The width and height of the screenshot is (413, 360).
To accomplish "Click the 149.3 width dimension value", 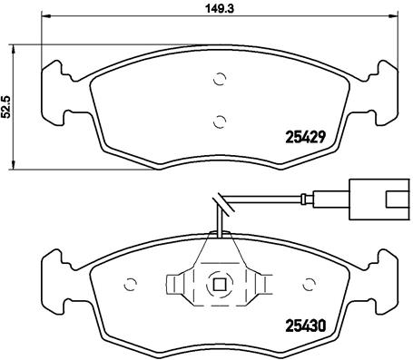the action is pos(220,8).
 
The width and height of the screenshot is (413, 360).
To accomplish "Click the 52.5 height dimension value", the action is pos(6,106).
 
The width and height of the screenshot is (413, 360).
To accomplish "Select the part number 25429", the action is pos(306,138).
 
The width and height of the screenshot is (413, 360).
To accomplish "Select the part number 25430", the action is pos(306,326).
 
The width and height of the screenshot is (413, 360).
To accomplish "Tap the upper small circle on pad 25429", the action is pos(220,79).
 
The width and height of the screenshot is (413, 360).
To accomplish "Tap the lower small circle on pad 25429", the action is pos(220,122).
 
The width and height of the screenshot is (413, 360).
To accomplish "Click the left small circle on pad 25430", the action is pos(131,284).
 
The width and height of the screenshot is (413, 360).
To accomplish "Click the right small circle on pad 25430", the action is pos(309,284).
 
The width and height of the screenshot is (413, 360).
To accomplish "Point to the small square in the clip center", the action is pos(220,284).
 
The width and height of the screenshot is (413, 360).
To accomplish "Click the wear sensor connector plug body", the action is pos(379,199).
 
